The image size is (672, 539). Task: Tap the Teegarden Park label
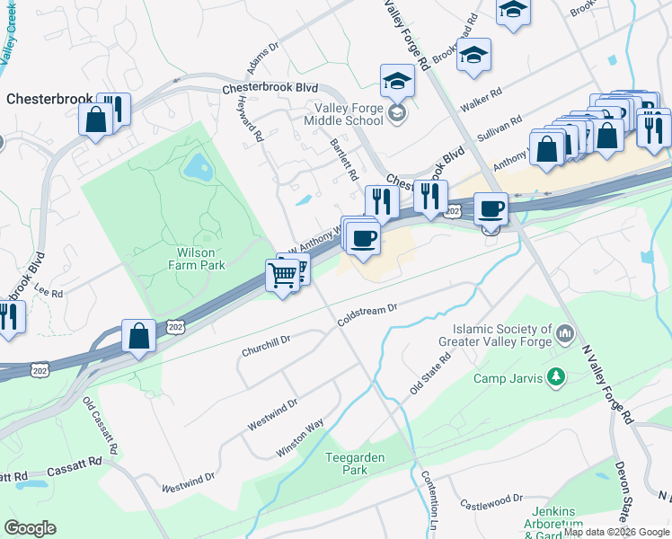point(355,464)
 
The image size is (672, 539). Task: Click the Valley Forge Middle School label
point(344,113)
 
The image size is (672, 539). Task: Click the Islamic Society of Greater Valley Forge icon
point(565,335)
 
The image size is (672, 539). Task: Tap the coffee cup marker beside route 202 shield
point(490,210)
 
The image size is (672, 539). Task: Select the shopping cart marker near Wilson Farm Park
point(283,275)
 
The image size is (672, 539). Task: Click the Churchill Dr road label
point(266,346)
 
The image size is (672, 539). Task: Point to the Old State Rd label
point(429,373)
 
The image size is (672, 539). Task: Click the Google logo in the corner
point(30,528)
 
